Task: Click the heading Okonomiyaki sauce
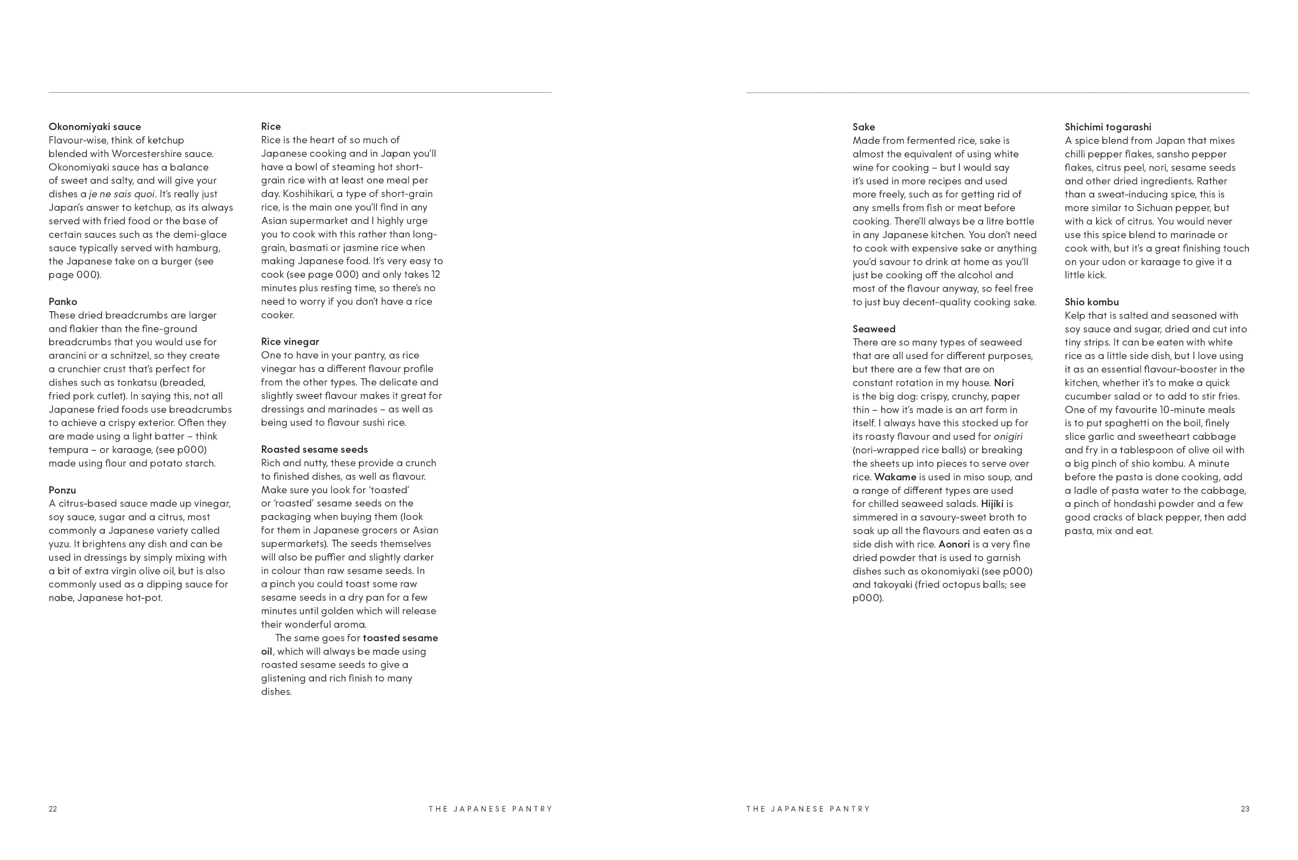click(94, 127)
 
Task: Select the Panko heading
click(62, 302)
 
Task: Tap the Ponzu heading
click(62, 490)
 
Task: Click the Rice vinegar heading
click(290, 342)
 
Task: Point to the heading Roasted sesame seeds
click(314, 449)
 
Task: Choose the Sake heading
click(863, 127)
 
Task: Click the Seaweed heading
click(874, 329)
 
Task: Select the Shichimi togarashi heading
click(1107, 127)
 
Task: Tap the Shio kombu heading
click(1091, 302)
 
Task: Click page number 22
click(53, 809)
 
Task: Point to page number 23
click(1245, 809)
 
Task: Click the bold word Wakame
click(895, 477)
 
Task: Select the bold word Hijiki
click(992, 504)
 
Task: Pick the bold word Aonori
click(954, 544)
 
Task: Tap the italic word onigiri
click(1007, 436)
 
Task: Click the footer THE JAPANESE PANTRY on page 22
click(490, 809)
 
